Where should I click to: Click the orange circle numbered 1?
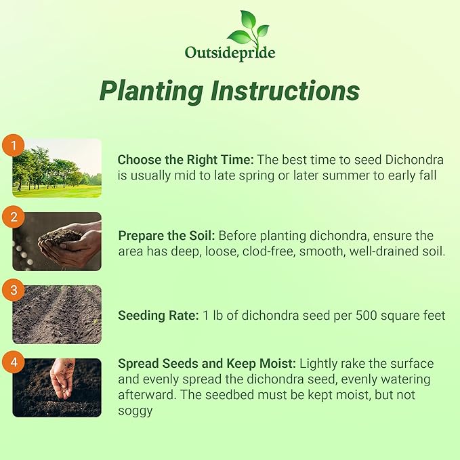[x=12, y=145]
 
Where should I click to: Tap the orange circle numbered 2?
[x=12, y=218]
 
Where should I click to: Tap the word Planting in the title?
[x=150, y=90]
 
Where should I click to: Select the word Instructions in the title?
[x=284, y=90]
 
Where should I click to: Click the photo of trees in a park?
[x=57, y=168]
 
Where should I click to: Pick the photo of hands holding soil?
[x=57, y=242]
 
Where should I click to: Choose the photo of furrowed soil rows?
[x=57, y=314]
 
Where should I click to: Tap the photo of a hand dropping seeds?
[x=57, y=388]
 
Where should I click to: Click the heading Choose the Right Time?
[x=186, y=160]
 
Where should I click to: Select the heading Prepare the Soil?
[x=167, y=236]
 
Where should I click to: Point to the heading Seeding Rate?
[x=157, y=316]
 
